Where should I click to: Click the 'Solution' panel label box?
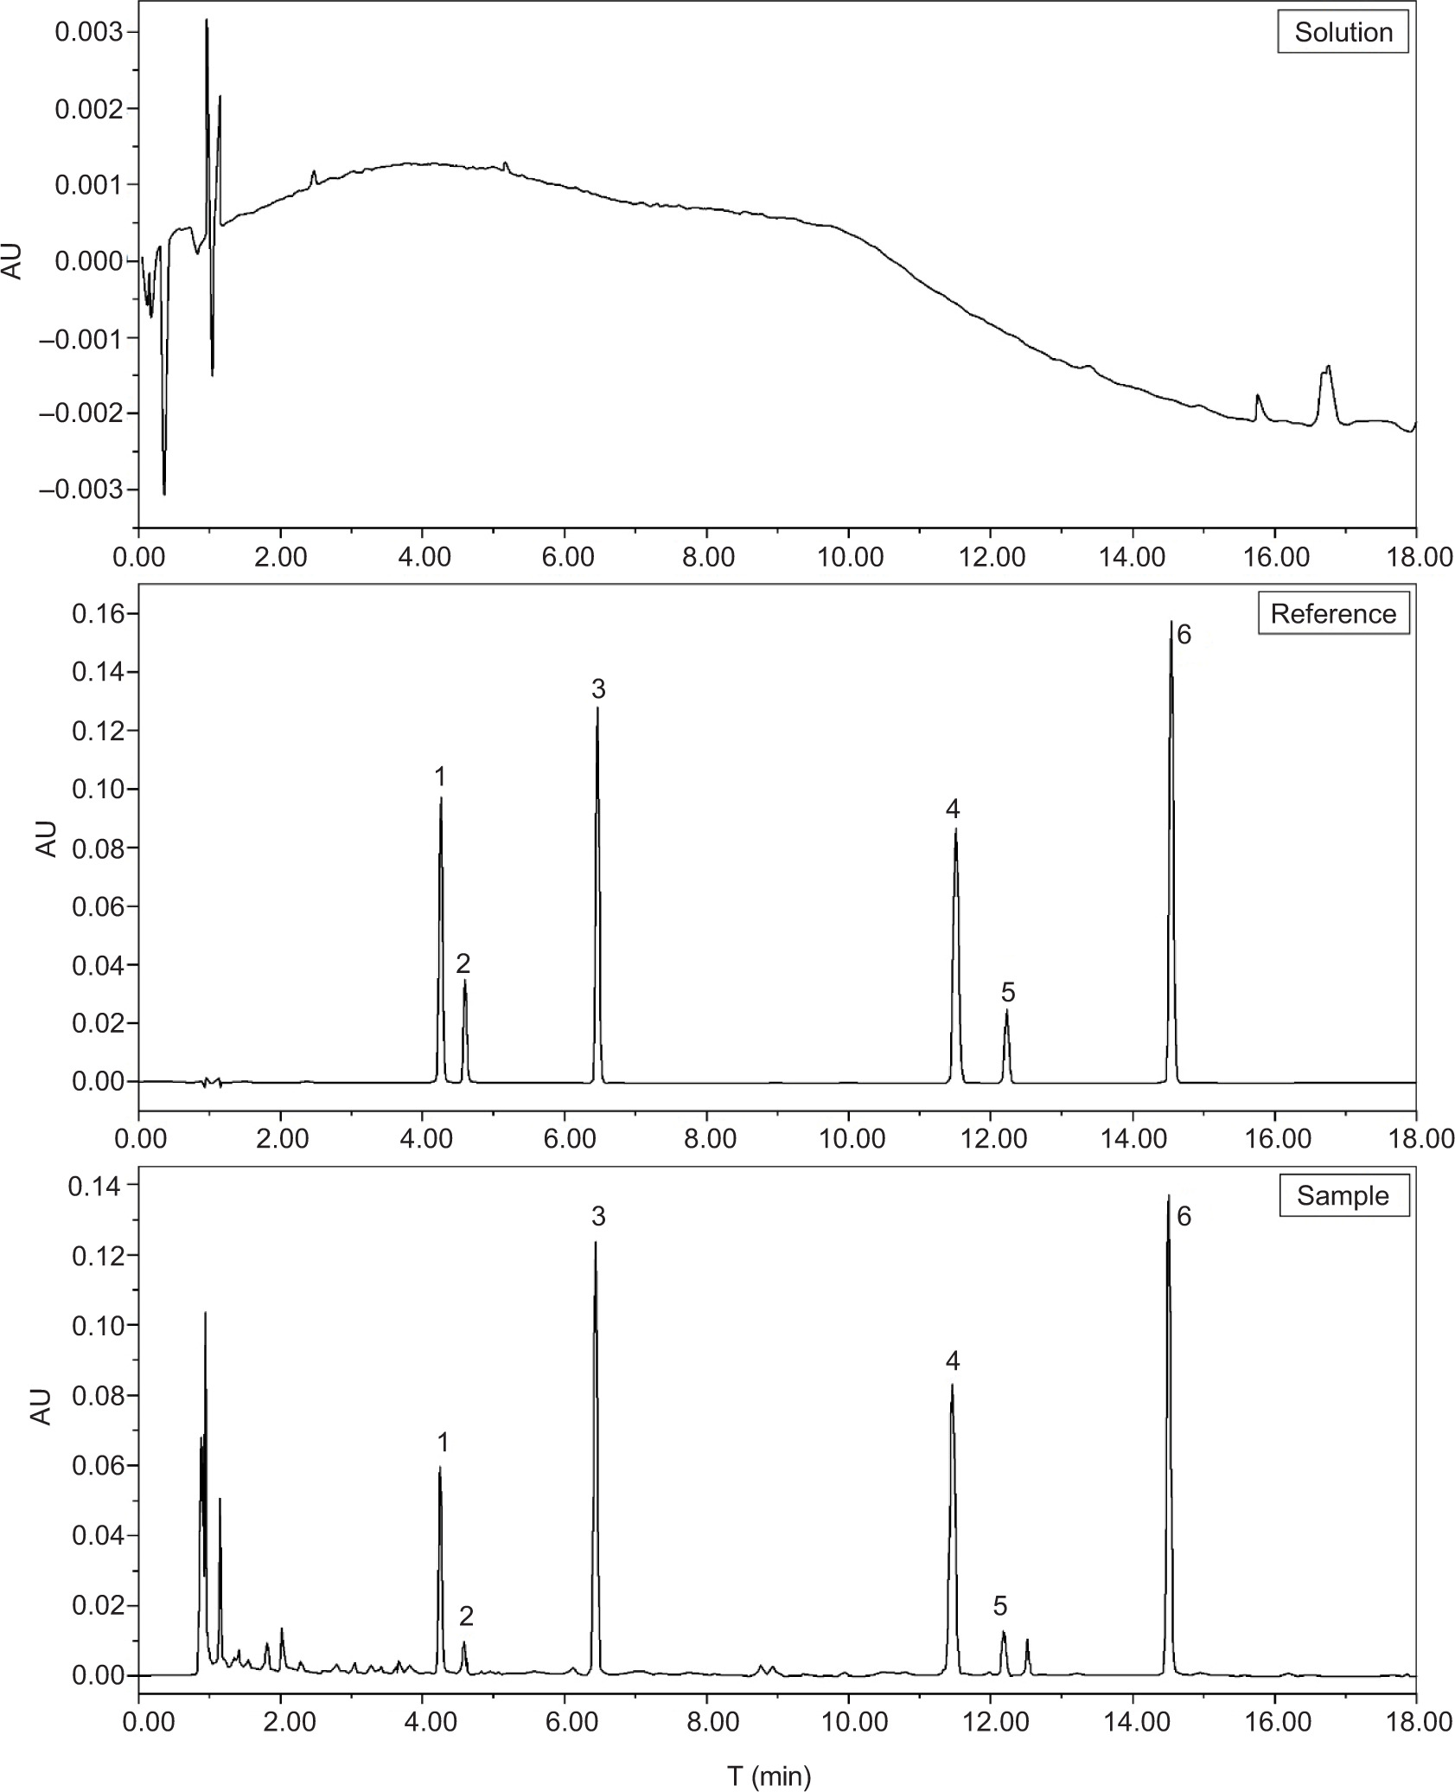click(1343, 33)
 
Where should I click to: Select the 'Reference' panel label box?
click(1333, 613)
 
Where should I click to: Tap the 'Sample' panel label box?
click(1343, 1195)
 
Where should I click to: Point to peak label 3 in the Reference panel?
click(598, 689)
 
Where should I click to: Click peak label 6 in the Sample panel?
click(1184, 1217)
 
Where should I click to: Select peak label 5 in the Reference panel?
click(1008, 992)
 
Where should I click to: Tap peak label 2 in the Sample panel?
click(466, 1616)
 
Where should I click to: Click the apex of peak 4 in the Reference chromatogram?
click(955, 829)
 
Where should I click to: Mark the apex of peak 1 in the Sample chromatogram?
click(440, 1467)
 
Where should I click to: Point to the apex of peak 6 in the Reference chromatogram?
click(1171, 622)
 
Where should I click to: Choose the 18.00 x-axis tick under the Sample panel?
click(1416, 1738)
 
